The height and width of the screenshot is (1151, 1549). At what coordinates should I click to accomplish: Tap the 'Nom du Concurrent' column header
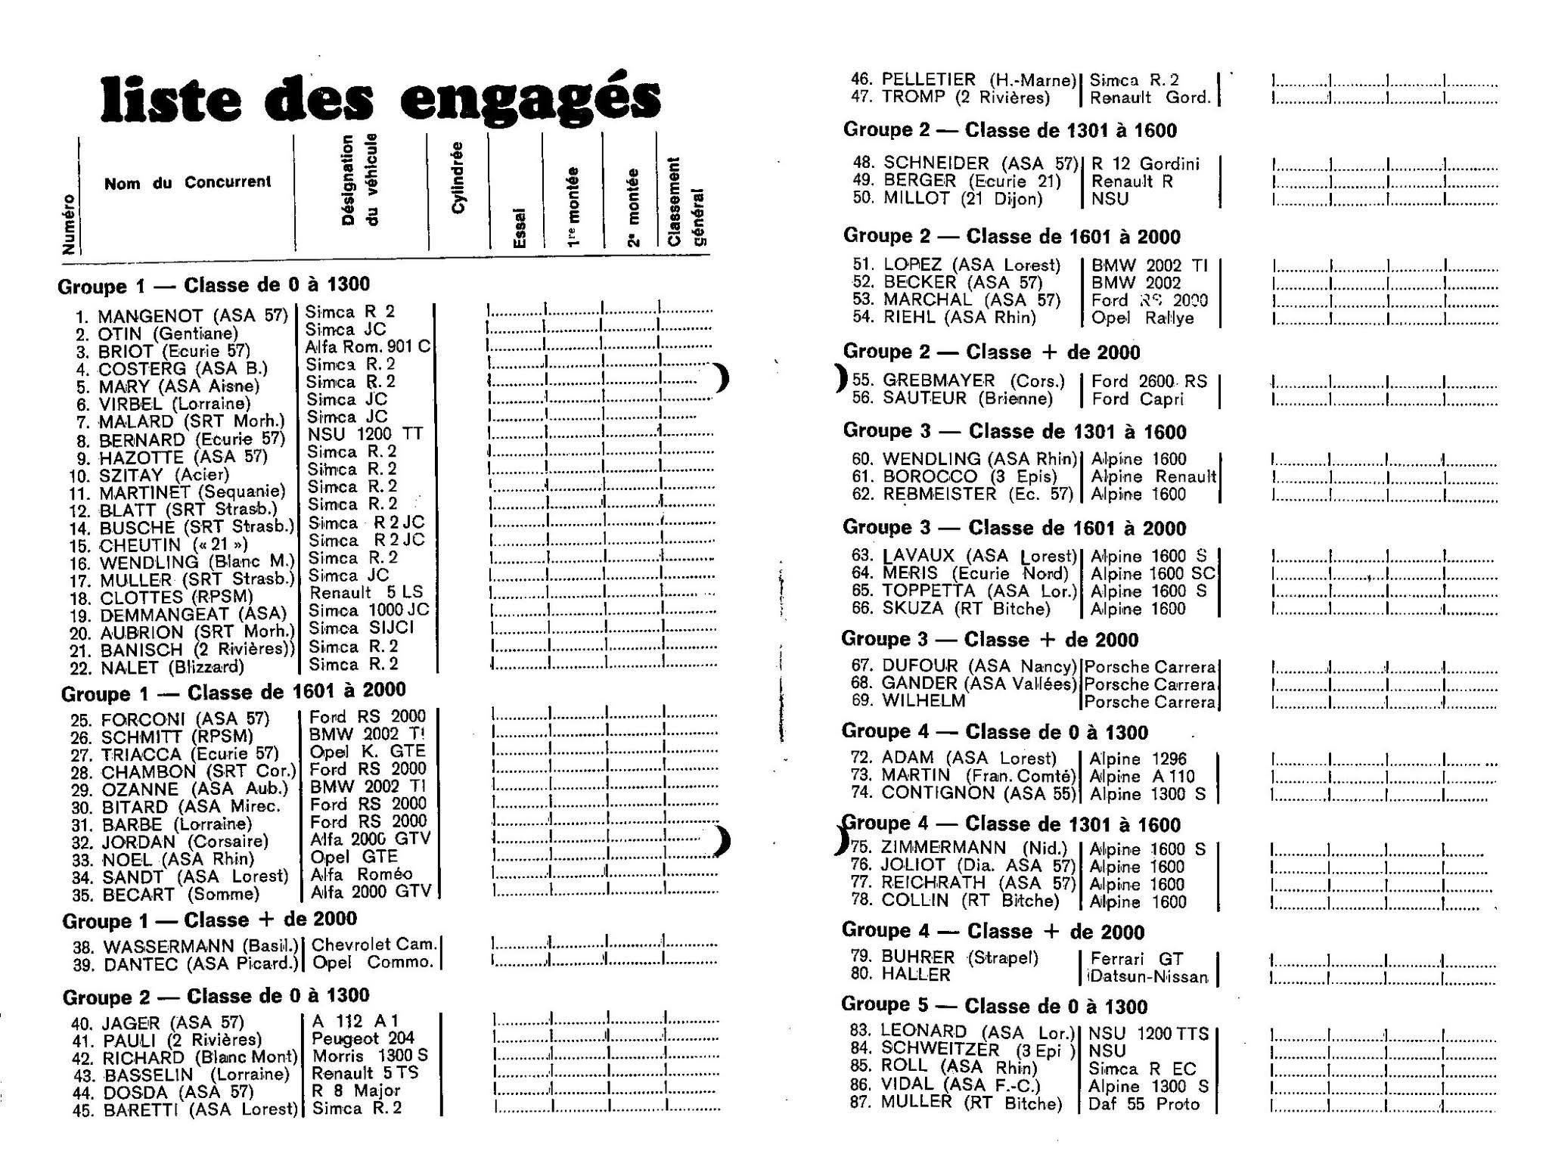tap(187, 182)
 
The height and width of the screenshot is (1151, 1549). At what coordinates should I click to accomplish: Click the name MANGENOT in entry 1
tap(151, 315)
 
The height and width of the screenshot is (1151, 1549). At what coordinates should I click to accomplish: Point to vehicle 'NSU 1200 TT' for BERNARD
tap(365, 434)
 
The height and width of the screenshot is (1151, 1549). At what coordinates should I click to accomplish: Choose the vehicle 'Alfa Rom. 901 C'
tap(368, 347)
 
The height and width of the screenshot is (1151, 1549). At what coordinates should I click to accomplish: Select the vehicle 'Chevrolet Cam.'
tap(374, 945)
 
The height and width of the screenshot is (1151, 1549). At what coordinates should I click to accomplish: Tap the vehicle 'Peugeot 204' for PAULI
tap(363, 1038)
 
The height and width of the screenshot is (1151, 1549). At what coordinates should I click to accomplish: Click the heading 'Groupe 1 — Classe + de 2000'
tap(210, 920)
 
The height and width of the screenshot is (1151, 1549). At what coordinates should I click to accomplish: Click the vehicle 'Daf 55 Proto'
tap(1144, 1103)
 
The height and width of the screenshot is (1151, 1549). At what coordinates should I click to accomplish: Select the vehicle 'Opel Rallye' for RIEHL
tap(1142, 318)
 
